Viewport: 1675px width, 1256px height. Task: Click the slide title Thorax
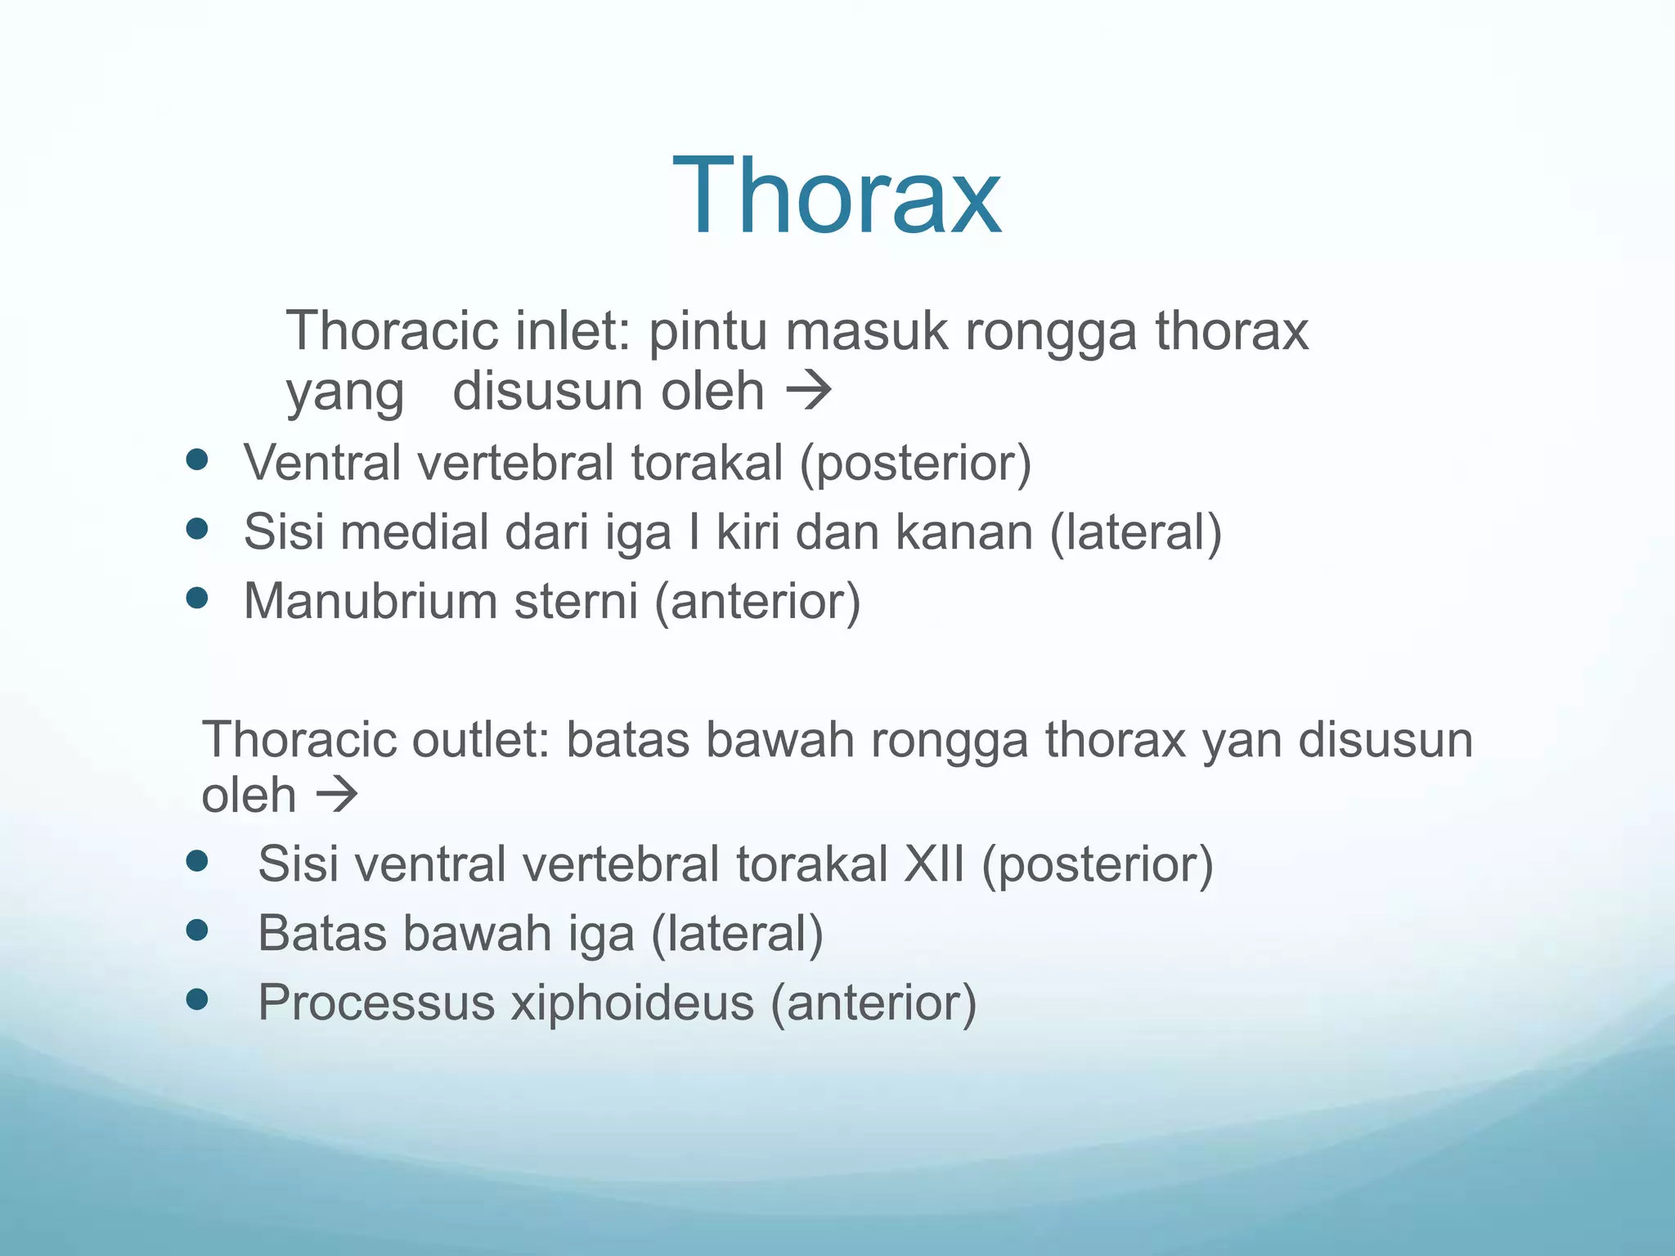pyautogui.click(x=837, y=196)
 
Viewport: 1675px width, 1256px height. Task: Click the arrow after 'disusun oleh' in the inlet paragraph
pyautogui.click(x=808, y=391)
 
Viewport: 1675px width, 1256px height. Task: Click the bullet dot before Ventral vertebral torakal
pyautogui.click(x=197, y=460)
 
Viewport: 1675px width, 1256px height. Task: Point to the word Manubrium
pyautogui.click(x=370, y=601)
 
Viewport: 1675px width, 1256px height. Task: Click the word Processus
pyautogui.click(x=376, y=1003)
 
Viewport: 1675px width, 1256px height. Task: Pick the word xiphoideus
pyautogui.click(x=632, y=1003)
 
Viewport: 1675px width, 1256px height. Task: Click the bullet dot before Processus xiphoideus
pyautogui.click(x=197, y=999)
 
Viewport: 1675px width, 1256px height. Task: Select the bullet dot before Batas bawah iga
pyautogui.click(x=197, y=930)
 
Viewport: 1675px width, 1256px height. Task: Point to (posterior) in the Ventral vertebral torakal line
pyautogui.click(x=915, y=463)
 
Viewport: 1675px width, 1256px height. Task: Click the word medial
pyautogui.click(x=415, y=532)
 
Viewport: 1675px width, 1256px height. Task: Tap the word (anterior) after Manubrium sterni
pyautogui.click(x=757, y=601)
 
